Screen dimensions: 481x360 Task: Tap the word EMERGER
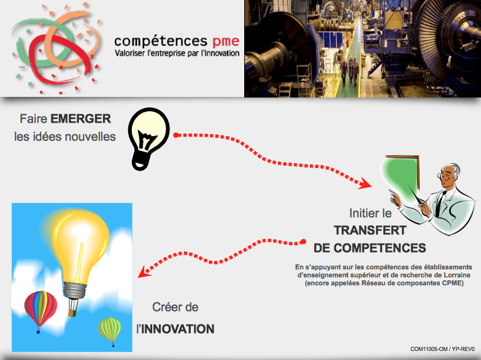(81, 119)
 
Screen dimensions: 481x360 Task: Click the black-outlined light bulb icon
(148, 139)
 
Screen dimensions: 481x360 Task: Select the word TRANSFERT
(370, 231)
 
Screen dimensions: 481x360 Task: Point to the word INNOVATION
(178, 329)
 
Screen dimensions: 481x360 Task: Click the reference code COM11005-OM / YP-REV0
(442, 349)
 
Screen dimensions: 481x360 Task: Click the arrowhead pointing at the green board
(365, 183)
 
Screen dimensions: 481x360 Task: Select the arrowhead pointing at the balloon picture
(144, 272)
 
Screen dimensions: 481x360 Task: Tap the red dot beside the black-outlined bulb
(175, 135)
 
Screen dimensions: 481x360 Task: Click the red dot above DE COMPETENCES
(303, 242)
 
